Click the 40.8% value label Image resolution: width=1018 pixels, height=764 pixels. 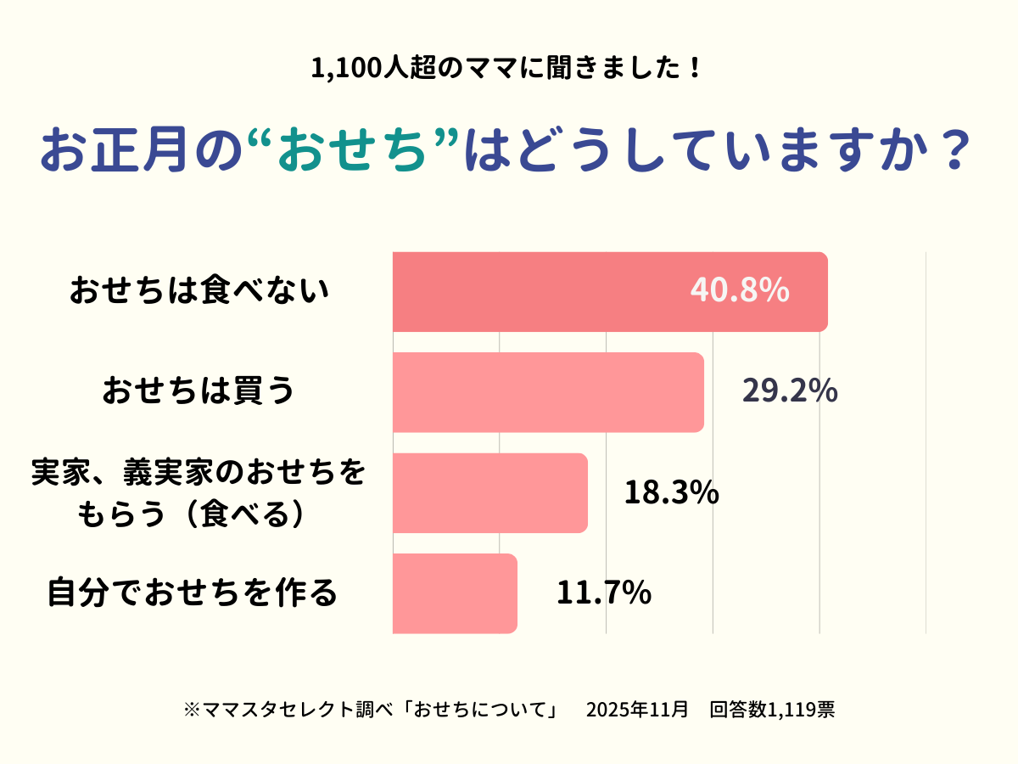click(x=740, y=290)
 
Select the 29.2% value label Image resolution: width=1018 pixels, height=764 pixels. click(x=790, y=391)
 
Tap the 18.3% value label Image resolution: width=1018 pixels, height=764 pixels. click(x=672, y=492)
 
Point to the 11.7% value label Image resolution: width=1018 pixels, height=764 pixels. click(x=603, y=593)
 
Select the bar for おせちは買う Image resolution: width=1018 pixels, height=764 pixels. click(x=548, y=392)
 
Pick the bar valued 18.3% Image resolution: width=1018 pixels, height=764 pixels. click(x=490, y=493)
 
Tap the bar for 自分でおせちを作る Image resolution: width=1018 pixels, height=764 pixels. click(x=455, y=593)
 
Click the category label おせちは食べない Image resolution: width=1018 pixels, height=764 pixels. click(x=199, y=291)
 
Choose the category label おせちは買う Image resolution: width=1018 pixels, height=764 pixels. click(x=199, y=392)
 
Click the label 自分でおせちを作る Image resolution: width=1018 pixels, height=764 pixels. click(x=193, y=593)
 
